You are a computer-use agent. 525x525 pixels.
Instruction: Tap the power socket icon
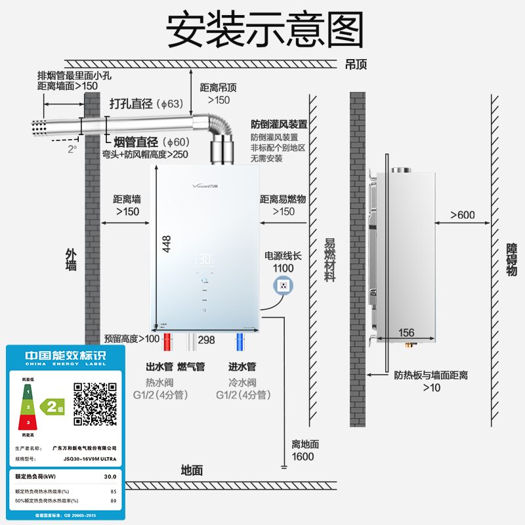(x=283, y=285)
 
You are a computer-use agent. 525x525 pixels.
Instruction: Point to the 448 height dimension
(x=167, y=243)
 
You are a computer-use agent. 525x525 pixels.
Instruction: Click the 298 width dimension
(x=207, y=339)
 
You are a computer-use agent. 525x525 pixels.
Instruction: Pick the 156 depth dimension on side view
(x=406, y=333)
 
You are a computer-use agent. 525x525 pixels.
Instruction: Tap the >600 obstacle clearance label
(x=463, y=215)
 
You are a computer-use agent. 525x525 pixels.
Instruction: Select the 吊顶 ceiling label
(x=356, y=64)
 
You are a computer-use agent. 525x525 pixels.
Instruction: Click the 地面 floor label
(x=192, y=470)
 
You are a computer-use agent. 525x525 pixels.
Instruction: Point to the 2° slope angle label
(x=72, y=149)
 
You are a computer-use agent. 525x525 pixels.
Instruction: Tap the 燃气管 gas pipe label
(x=192, y=366)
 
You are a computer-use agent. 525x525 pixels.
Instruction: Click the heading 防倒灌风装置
(x=279, y=124)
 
